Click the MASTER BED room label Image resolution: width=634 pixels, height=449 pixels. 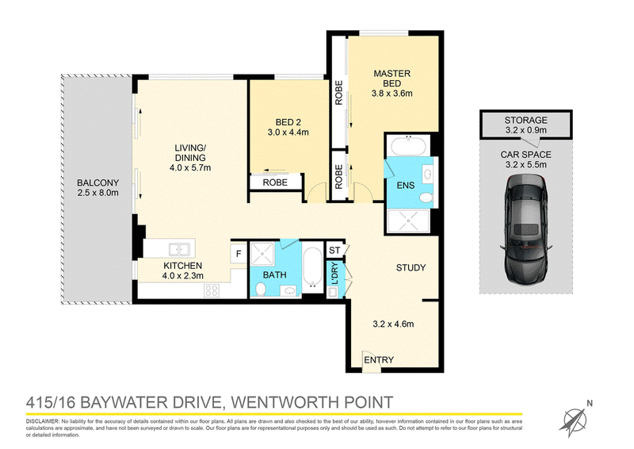point(391,79)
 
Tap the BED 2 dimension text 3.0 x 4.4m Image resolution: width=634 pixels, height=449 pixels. point(288,132)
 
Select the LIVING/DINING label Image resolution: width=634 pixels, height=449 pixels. point(190,152)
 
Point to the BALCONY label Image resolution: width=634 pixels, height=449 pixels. point(97,183)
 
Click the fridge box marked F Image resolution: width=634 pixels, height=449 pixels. point(239,254)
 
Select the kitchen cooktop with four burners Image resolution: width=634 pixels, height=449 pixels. point(212,290)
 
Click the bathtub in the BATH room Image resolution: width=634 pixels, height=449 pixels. point(312,267)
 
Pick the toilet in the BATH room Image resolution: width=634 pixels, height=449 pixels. point(261,289)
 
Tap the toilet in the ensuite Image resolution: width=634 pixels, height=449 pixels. point(426,198)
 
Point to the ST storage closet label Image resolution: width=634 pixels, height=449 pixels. point(334,250)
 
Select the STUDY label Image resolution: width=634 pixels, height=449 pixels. point(411,267)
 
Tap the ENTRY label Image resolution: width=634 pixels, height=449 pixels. point(379,360)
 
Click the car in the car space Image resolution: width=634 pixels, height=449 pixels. point(525,228)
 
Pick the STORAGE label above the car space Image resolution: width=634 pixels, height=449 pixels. point(525,120)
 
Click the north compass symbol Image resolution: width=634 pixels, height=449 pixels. point(575,420)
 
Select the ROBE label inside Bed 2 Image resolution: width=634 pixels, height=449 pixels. point(275,182)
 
